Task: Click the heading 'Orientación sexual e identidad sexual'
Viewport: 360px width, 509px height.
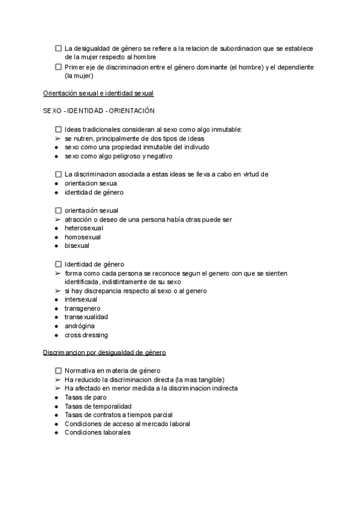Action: [98, 94]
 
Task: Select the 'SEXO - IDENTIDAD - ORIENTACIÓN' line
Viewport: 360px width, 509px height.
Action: [99, 111]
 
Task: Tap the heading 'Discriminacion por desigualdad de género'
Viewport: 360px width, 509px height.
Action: [104, 352]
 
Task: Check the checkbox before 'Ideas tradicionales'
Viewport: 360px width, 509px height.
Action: [58, 130]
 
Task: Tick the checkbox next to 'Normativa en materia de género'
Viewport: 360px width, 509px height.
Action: [58, 371]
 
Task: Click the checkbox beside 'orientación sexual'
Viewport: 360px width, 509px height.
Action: [58, 211]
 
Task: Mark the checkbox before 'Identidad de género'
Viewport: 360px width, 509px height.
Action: [58, 264]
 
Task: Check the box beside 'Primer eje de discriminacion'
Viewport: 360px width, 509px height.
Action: [58, 67]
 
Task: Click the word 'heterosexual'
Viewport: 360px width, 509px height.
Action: [84, 228]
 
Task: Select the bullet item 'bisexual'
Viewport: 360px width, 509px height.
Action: [77, 245]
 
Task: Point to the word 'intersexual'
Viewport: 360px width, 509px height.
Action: [81, 300]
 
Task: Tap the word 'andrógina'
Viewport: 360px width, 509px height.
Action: [79, 326]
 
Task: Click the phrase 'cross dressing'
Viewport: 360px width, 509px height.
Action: [86, 335]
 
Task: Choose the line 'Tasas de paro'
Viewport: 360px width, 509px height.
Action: [86, 397]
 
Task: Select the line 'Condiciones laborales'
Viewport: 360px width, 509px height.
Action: [97, 433]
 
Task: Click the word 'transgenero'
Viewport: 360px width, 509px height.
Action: [82, 308]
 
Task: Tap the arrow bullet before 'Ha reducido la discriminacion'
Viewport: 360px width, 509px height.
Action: [56, 380]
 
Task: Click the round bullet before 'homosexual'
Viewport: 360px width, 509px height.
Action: [56, 237]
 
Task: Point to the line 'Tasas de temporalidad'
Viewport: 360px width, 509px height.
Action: [98, 406]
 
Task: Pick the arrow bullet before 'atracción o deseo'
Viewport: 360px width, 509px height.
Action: [56, 220]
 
